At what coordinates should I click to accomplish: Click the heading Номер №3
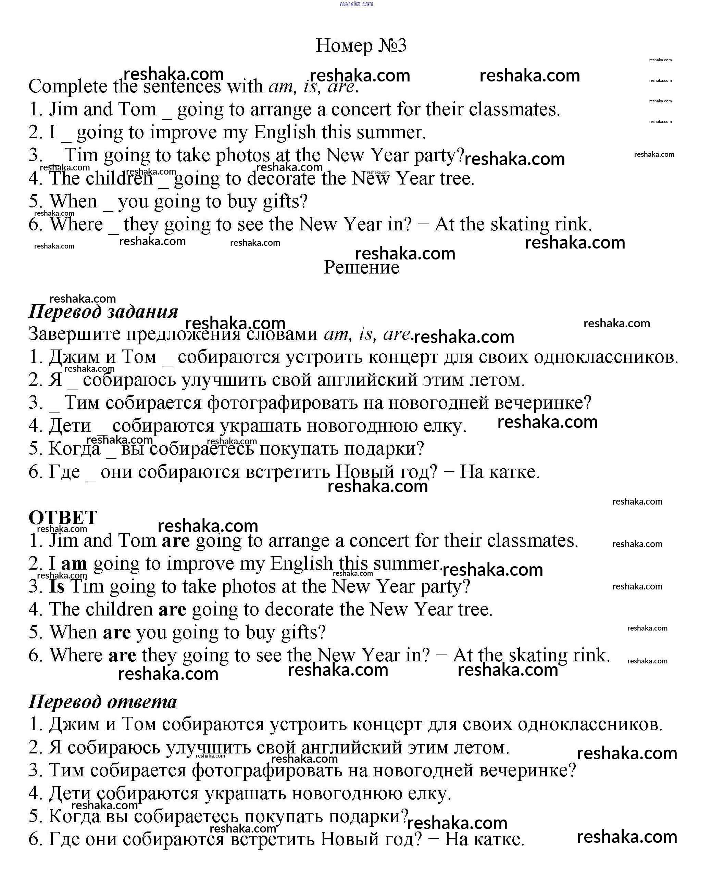[361, 45]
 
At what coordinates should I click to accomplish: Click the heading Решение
[361, 267]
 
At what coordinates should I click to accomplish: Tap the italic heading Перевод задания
[103, 311]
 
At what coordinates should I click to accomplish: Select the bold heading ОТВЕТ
[63, 517]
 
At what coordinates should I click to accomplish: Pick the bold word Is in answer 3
[57, 586]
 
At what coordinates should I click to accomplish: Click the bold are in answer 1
[176, 541]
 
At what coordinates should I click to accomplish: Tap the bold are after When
[117, 632]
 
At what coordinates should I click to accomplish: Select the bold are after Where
[122, 655]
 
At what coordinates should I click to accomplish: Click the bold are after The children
[172, 609]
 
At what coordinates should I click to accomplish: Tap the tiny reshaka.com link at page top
[356, 4]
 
